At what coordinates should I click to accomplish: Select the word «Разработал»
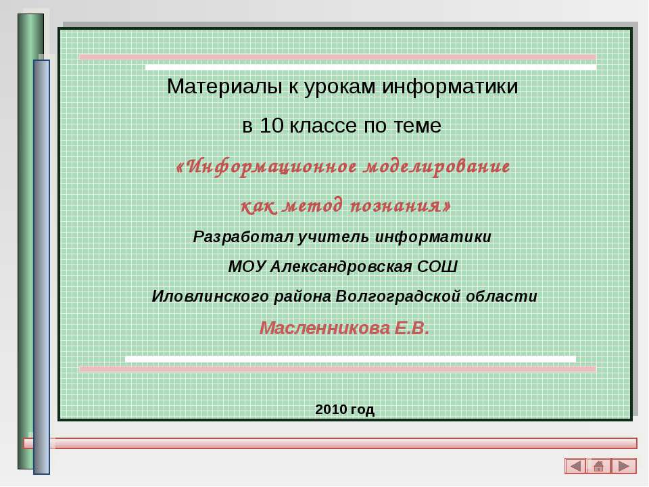(234, 237)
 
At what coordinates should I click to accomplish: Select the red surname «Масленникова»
(324, 329)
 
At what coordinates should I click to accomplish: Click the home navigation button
(599, 466)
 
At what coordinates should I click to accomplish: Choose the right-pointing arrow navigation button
(624, 466)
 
